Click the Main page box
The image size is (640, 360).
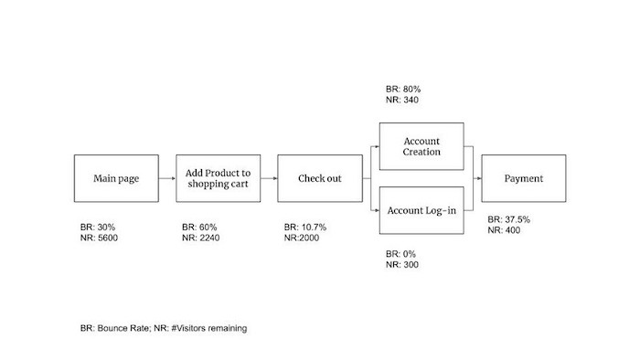116,178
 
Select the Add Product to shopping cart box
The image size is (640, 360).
219,178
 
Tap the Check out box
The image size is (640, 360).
319,178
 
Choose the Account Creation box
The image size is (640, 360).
421,146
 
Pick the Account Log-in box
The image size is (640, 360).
421,210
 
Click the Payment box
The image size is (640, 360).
524,178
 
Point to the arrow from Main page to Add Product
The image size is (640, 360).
167,178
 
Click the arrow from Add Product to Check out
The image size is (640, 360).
269,178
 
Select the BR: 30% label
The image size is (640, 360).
98,227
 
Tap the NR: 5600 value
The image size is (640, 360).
100,238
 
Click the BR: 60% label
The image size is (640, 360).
200,227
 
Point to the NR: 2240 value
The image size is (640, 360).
202,238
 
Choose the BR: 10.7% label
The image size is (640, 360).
305,227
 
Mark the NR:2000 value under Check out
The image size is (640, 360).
303,238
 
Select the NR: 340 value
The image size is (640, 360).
403,101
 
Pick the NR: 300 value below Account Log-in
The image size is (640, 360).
403,265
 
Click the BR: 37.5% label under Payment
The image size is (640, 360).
509,219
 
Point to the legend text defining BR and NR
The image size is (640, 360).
162,327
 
